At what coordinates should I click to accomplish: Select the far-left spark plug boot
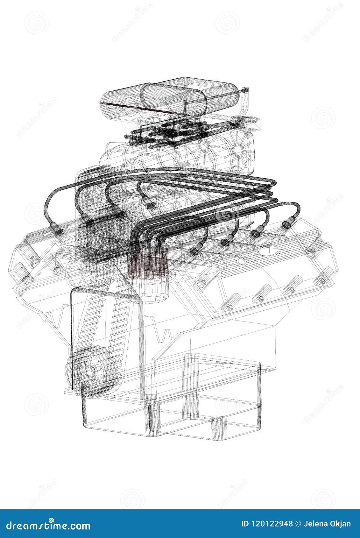pyautogui.click(x=58, y=232)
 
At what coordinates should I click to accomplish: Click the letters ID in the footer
pyautogui.click(x=245, y=524)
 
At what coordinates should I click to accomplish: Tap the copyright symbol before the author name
pyautogui.click(x=298, y=524)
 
